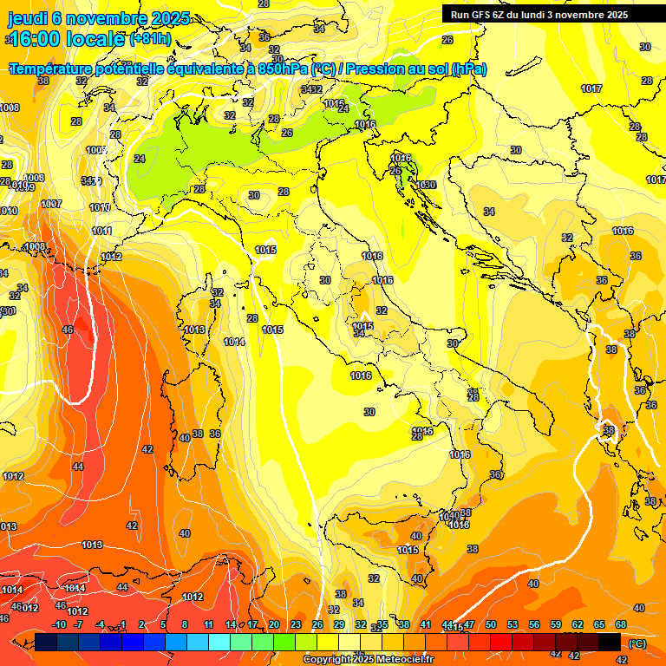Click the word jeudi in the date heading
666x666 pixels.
[28, 18]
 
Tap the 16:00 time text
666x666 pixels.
[38, 39]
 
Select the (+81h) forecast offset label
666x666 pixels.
[149, 39]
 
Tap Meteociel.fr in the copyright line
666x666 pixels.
[401, 660]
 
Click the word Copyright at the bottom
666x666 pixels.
[327, 660]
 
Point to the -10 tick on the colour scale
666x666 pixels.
[59, 624]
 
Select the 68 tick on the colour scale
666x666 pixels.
[621, 624]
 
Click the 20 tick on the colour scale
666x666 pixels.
[274, 624]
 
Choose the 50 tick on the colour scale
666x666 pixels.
[491, 624]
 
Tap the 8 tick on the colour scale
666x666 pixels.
[185, 624]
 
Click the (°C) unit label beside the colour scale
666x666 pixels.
[636, 643]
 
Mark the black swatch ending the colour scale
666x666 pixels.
[610, 642]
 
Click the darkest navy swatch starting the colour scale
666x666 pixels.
[47, 642]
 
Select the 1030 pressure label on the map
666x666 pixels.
[426, 185]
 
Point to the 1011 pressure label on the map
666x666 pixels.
[101, 231]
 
